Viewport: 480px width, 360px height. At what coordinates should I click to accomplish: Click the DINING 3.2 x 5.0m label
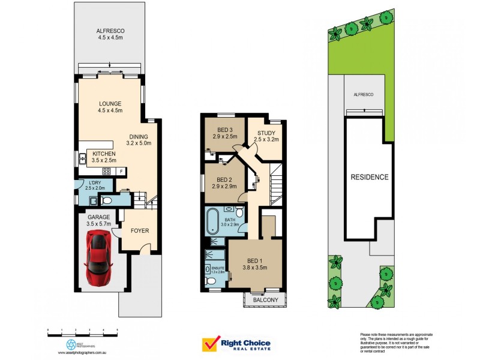click(139, 140)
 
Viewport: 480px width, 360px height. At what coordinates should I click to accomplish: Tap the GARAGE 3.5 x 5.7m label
click(98, 220)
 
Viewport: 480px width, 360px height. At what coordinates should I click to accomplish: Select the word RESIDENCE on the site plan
click(370, 177)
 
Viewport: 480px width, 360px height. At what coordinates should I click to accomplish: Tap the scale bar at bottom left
click(82, 331)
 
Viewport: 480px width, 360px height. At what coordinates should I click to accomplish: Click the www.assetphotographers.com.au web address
click(83, 353)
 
